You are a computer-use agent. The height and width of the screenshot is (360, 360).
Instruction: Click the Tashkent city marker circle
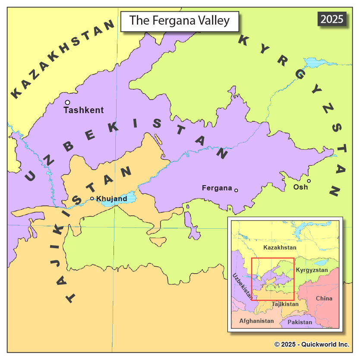tap(67, 102)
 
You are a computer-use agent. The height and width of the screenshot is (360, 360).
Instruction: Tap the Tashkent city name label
tap(84, 110)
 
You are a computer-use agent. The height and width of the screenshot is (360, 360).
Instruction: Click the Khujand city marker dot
tap(92, 199)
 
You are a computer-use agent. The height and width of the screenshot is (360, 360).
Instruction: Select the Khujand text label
tap(112, 199)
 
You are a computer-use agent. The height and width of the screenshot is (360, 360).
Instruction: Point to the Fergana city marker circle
tap(236, 190)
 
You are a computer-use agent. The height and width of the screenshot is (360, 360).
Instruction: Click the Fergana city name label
tap(217, 188)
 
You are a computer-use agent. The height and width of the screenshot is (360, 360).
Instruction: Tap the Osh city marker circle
tap(309, 181)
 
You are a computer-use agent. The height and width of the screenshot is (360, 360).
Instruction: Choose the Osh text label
tap(300, 187)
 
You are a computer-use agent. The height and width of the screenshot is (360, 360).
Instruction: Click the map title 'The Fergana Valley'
tap(179, 20)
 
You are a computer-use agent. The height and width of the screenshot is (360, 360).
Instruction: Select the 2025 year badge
tap(332, 19)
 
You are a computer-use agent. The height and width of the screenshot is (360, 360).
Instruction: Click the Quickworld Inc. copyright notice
tap(312, 344)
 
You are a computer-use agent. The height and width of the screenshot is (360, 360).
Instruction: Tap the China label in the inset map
tap(324, 298)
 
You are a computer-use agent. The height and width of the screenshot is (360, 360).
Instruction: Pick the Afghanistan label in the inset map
tap(256, 321)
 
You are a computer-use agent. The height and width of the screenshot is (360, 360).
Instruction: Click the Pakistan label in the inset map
tap(300, 322)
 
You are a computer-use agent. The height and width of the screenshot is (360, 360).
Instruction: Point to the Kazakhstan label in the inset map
tap(280, 247)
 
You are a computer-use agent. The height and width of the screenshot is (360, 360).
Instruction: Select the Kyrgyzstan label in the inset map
tap(312, 270)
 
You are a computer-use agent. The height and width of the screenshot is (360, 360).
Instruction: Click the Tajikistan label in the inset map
tap(285, 304)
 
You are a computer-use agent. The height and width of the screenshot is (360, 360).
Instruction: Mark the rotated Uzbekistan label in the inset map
tap(242, 287)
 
